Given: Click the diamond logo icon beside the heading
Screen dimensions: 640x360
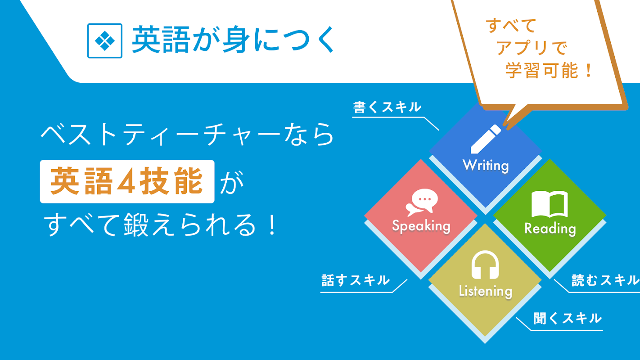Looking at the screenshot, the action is pos(105,41).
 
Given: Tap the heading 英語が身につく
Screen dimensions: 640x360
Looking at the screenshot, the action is pos(233,40).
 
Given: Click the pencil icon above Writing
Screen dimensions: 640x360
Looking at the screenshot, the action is pos(486,139).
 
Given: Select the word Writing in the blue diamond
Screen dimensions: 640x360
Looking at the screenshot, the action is pos(486,166).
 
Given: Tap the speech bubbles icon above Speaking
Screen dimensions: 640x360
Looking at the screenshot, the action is pos(422,202).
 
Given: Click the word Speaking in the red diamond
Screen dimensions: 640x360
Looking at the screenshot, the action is pos(421,226).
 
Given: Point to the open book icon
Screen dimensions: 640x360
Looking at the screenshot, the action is pos(550,204).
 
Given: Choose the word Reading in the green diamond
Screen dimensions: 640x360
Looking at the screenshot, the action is pos(550,229).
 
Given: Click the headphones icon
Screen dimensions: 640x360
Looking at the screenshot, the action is pos(485,265).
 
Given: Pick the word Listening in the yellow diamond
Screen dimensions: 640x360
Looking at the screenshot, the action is pos(486,292).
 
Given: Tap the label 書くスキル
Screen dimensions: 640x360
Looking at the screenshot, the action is pos(387,108).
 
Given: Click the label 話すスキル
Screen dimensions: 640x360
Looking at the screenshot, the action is pos(356,280).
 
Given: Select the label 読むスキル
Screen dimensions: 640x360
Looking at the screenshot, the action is pos(605,280).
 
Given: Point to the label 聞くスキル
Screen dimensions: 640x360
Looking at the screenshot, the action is pos(568,318).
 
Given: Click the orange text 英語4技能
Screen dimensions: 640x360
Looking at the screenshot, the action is pos(126,181).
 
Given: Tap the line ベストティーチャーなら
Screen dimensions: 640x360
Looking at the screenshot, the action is pos(187,135).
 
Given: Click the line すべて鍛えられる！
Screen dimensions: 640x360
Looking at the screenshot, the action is pos(160,225).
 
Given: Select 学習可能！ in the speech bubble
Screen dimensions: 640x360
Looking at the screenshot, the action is pos(549,71).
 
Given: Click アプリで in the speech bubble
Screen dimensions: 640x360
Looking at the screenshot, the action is pos(532,48).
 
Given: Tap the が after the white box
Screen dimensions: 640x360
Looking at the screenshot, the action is pos(231,182).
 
